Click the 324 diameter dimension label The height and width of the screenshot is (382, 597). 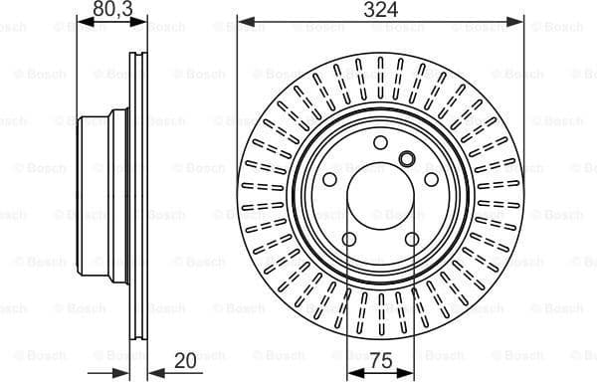pos(380,11)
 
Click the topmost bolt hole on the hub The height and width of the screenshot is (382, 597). pos(381,143)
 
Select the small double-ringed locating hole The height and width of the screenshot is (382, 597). pos(406,159)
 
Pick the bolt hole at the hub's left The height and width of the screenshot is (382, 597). pos(330,180)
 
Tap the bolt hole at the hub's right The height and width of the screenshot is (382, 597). pos(432,180)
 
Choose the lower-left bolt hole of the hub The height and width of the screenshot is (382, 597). pos(349,239)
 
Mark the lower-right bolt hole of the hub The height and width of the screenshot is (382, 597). pos(412,239)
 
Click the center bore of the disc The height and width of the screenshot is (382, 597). pos(381,198)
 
